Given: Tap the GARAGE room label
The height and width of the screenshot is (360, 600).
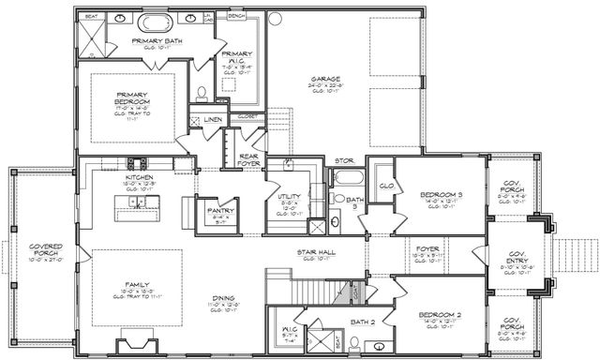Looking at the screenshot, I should pyautogui.click(x=326, y=80).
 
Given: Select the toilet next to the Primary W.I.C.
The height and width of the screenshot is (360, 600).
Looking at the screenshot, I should pyautogui.click(x=202, y=93).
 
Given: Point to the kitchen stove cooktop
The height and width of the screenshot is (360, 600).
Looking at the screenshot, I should pyautogui.click(x=139, y=161).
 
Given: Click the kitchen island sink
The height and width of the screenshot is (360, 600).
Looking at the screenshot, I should pyautogui.click(x=138, y=202).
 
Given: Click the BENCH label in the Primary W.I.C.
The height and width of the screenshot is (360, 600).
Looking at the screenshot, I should pyautogui.click(x=236, y=16).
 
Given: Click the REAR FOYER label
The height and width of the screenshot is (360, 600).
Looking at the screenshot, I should pyautogui.click(x=248, y=160).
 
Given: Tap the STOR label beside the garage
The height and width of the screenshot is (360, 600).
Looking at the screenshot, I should pyautogui.click(x=344, y=161).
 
